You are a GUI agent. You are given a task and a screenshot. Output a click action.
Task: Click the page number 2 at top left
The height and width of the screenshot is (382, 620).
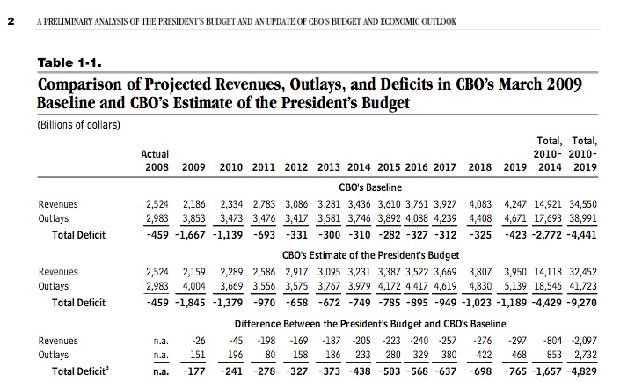coord(11,21)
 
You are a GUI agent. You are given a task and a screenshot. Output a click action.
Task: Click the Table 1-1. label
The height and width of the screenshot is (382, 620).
coord(69,62)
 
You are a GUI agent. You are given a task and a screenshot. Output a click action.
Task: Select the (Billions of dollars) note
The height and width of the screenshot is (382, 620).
coord(78,125)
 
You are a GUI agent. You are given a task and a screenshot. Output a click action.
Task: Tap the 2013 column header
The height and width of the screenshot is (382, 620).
coord(328,167)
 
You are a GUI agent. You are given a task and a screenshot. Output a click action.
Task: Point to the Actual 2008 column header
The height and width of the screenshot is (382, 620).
coord(155,160)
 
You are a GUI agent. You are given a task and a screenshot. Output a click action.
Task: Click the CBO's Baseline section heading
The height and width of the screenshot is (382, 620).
coord(370,187)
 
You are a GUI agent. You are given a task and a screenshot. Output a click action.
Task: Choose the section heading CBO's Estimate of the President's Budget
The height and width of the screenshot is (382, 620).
coord(370,255)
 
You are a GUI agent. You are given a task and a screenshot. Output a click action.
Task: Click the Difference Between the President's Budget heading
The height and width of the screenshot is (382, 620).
coord(370,324)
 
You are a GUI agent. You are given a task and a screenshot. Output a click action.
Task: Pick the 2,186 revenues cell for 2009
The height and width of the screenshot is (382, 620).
coord(193,204)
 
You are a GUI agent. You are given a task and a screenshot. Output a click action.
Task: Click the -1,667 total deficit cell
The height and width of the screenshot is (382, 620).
coord(190,235)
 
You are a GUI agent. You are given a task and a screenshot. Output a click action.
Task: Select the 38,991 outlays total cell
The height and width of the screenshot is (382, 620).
coord(583,218)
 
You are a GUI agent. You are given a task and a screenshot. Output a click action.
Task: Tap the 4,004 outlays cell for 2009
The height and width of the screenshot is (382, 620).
coord(193,286)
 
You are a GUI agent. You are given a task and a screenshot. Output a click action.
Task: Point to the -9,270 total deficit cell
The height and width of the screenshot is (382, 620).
coord(581,303)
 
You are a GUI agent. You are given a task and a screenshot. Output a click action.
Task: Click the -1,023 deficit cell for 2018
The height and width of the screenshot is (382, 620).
coord(477,303)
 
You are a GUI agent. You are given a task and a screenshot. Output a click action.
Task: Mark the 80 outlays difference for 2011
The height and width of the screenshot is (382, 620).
coord(270,355)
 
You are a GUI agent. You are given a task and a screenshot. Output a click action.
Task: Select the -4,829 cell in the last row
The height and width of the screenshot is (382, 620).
coord(581,371)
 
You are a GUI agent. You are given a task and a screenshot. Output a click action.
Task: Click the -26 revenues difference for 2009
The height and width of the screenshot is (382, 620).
coord(199,341)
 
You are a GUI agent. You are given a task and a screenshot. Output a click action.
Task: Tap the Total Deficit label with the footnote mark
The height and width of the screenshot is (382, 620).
coord(80,371)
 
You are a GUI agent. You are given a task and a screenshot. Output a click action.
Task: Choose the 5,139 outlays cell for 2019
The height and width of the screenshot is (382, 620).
coord(514,286)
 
